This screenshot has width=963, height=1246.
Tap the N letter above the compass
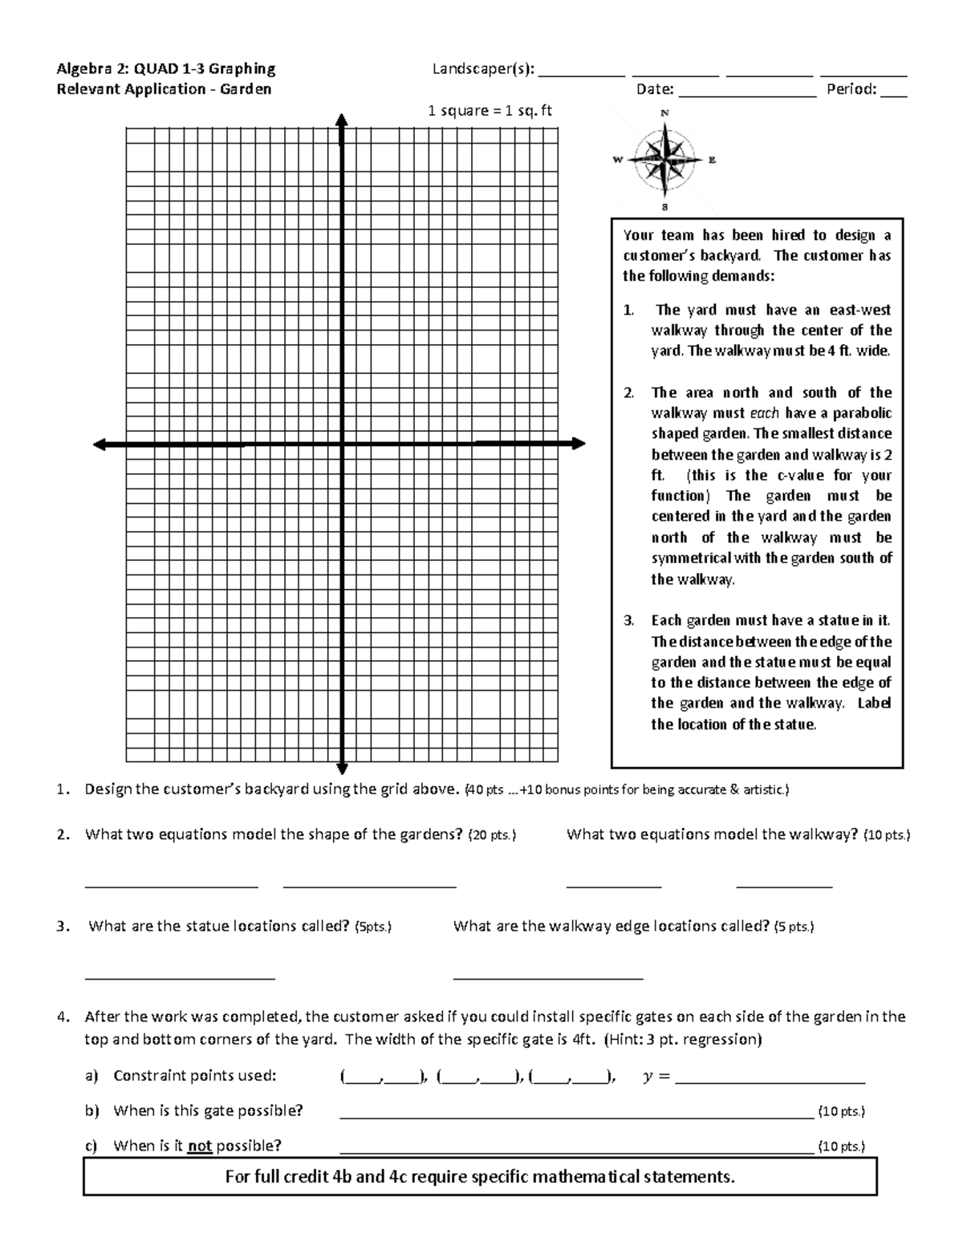664,112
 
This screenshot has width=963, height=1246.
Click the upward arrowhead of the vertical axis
342,120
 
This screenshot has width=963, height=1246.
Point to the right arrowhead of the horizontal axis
578,444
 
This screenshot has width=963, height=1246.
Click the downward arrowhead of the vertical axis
342,768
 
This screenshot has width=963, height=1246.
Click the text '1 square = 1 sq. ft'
490,111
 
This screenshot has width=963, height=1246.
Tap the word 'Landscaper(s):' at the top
483,69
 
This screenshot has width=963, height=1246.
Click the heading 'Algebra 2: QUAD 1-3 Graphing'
166,69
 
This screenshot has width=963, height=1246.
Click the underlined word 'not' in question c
199,1146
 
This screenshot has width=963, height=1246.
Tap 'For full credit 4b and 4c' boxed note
480,1177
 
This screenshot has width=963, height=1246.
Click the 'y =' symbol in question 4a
656,1076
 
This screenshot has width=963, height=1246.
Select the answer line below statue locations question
180,975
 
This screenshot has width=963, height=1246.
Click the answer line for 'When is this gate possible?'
576,1113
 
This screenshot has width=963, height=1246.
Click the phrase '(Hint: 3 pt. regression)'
682,1039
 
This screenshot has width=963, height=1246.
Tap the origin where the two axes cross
342,444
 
